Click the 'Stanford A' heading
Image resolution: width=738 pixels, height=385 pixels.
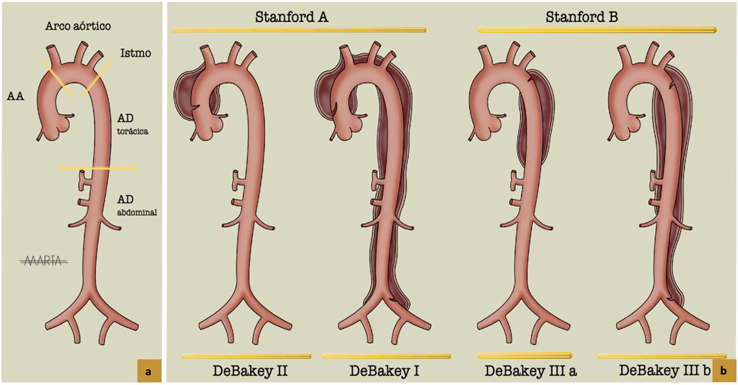click(292, 17)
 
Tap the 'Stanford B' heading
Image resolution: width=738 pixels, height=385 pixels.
click(581, 17)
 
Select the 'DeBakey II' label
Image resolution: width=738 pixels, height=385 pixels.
click(250, 371)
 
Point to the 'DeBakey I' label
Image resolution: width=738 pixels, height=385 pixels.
click(384, 371)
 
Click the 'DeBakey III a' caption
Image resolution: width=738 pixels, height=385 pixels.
click(531, 371)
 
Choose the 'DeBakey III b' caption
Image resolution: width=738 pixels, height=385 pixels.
click(664, 370)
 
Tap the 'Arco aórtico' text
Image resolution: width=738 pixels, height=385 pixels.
click(78, 26)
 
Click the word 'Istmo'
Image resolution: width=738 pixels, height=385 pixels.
click(135, 53)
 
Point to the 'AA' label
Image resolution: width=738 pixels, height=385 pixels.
click(16, 96)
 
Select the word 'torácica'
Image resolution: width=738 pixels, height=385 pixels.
click(132, 131)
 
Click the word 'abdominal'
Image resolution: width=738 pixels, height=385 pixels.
click(137, 212)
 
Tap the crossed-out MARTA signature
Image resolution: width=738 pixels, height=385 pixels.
click(43, 261)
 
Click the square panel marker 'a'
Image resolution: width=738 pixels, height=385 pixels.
click(148, 371)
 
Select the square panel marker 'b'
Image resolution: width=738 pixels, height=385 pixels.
click(724, 371)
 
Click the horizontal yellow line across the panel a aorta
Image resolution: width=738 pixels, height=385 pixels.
click(98, 168)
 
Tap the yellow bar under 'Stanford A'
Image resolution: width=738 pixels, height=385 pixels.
click(299, 30)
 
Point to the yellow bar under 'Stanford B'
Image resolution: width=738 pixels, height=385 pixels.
click(597, 30)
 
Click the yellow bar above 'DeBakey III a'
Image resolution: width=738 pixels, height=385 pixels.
click(525, 355)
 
